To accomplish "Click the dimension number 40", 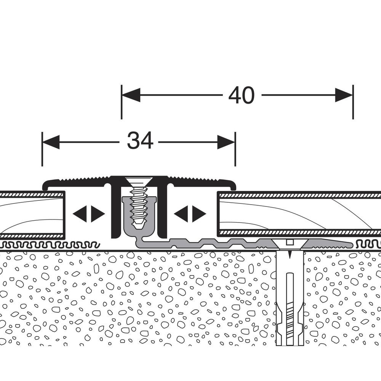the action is coord(241,95).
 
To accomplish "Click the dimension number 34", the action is coord(140,141).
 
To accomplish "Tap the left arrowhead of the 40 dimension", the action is coord(131,95).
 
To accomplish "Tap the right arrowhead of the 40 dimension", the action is coord(344,95).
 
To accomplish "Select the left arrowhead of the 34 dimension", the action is coord(51,142).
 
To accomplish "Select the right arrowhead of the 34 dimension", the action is coord(226,142).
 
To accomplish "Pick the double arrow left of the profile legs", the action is coord(89,214).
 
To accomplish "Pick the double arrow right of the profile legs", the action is coord(190,214).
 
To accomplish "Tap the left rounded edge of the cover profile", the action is coord(45,185).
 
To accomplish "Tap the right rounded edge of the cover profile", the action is coord(233,185).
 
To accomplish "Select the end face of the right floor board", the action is coord(218,214).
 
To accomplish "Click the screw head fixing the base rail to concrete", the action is coord(289,245).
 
